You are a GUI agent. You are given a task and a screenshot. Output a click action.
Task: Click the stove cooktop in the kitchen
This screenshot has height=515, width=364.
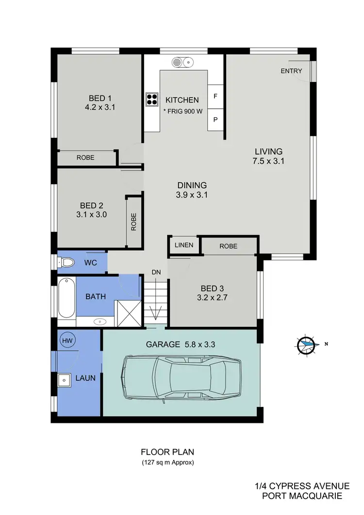[152, 99]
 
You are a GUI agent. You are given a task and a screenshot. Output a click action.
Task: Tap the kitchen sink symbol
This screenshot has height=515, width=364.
[183, 62]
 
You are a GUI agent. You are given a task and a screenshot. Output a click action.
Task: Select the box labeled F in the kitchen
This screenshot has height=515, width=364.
[215, 97]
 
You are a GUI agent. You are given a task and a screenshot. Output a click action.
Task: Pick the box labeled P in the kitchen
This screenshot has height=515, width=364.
[215, 119]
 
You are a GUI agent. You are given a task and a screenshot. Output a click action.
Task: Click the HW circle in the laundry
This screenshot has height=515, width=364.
[66, 340]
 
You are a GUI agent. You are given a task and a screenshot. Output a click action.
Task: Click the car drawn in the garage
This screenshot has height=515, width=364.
[182, 378]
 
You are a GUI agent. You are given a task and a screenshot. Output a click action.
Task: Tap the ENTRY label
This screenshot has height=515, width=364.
[291, 71]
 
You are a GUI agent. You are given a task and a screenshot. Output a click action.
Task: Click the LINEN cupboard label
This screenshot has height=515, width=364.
[183, 245]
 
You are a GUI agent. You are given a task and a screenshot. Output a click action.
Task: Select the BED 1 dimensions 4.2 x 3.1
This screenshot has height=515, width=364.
[99, 108]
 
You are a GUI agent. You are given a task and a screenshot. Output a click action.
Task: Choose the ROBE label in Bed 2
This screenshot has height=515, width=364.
[133, 222]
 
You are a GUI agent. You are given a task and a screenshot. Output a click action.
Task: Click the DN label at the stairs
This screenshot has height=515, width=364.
[156, 273]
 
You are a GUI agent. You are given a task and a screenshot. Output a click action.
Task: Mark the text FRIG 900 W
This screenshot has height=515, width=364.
[184, 111]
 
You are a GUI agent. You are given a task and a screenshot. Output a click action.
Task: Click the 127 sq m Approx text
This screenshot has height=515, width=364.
[167, 462]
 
